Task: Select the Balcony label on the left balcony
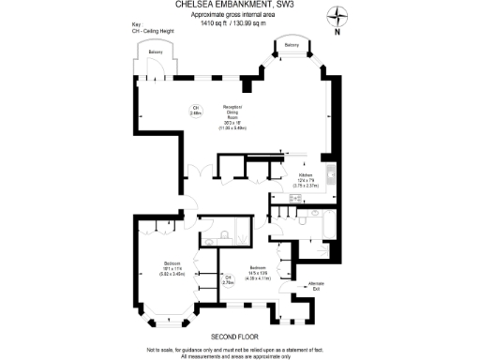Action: [154, 52]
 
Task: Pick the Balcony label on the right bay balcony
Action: [292, 44]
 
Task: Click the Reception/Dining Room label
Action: [233, 115]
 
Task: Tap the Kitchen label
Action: [306, 179]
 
